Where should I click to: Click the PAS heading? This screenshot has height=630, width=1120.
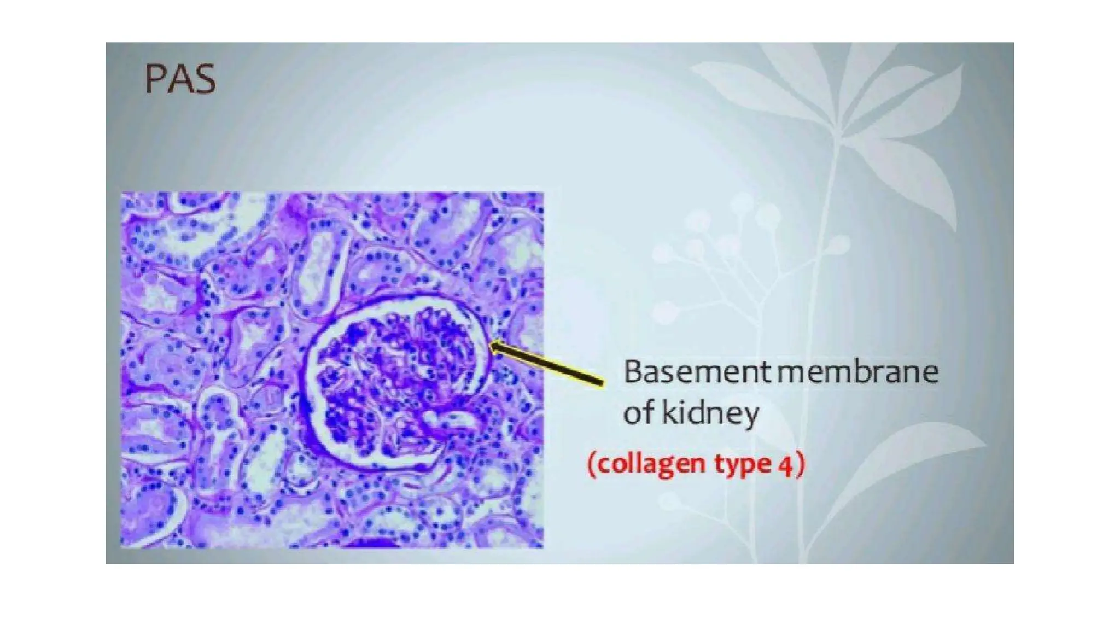click(180, 80)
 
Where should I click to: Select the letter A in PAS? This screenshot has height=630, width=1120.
click(179, 80)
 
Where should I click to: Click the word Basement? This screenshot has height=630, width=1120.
click(697, 372)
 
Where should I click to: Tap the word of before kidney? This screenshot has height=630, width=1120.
click(639, 413)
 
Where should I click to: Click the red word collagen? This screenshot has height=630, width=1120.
click(650, 464)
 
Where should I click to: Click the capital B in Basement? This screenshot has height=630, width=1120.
click(632, 372)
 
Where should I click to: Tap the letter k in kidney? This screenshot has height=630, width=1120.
click(669, 413)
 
